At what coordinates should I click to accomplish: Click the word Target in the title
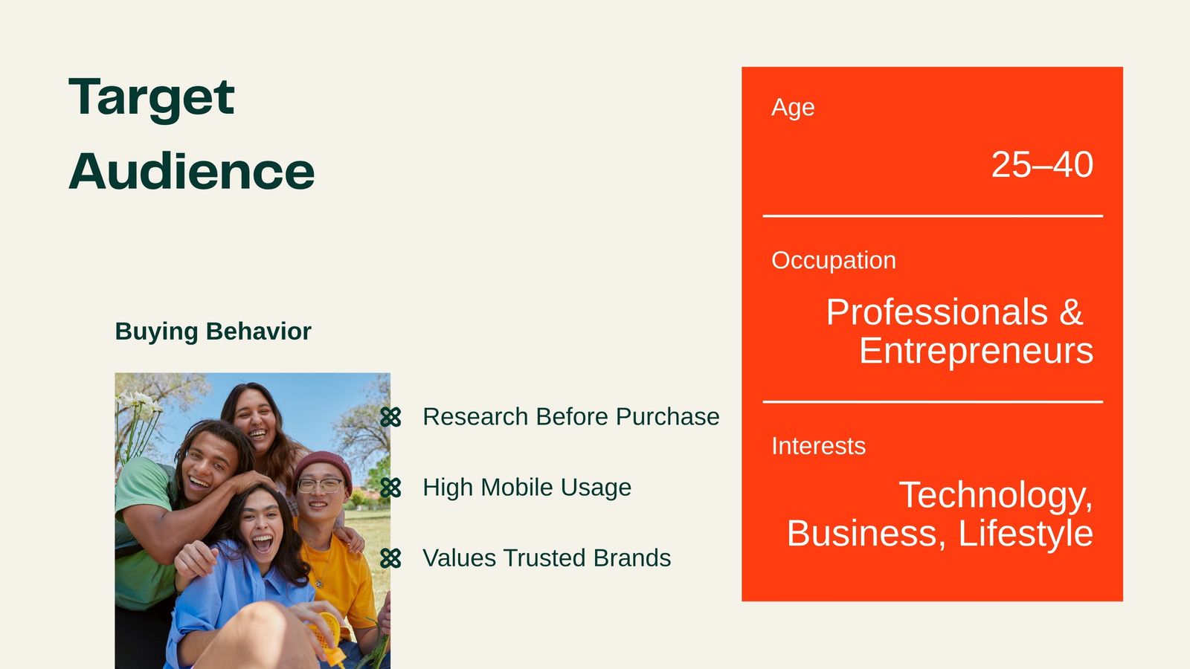(x=152, y=99)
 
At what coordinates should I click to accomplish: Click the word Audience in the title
(x=192, y=171)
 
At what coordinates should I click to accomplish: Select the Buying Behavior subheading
(x=213, y=332)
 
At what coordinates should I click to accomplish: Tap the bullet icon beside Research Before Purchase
(x=390, y=417)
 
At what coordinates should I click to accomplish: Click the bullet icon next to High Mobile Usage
(x=390, y=488)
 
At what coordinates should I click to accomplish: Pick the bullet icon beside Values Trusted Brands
(x=390, y=558)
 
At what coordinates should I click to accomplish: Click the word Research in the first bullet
(x=475, y=417)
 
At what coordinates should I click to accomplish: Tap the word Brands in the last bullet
(x=632, y=558)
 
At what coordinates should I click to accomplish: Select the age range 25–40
(x=1042, y=164)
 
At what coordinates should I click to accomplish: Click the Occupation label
(x=834, y=261)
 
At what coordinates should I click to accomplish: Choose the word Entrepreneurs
(x=977, y=351)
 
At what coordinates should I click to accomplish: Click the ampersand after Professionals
(x=1071, y=311)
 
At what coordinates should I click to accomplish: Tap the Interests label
(x=819, y=446)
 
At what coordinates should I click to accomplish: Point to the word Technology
(x=996, y=496)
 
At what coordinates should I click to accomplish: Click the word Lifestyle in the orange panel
(x=1026, y=534)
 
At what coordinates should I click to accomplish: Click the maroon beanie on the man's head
(x=323, y=468)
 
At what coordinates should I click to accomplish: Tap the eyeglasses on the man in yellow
(x=321, y=485)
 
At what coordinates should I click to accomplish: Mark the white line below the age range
(x=933, y=216)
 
